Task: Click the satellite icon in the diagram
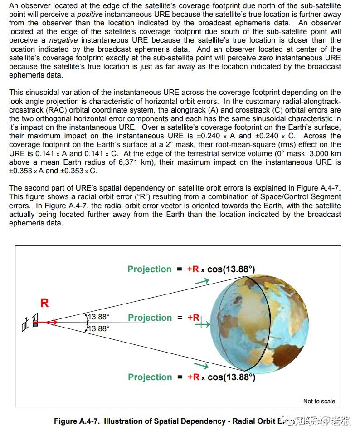coord(29,323)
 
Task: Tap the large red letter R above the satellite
coord(44,303)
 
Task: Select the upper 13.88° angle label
coord(98,317)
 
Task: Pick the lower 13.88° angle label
coord(98,328)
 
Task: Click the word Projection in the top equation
coord(150,269)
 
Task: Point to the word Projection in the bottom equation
coord(150,377)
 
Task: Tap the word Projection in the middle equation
coord(150,318)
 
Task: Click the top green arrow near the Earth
coord(202,281)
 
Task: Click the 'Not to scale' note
coord(319,401)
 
